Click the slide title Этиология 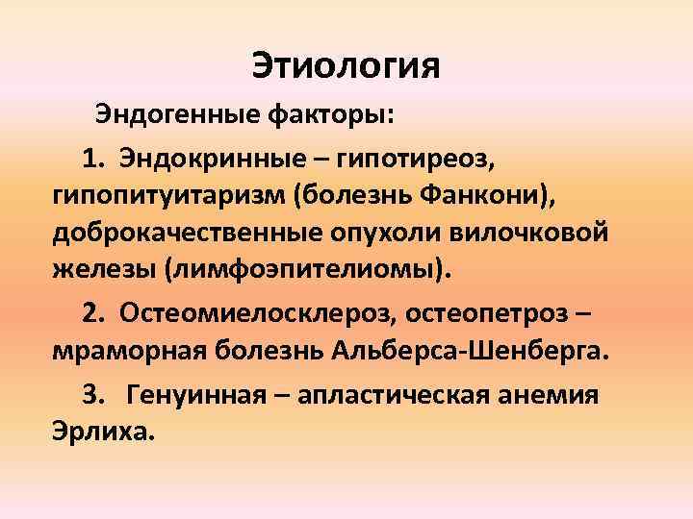click(x=346, y=66)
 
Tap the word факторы click(x=329, y=115)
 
